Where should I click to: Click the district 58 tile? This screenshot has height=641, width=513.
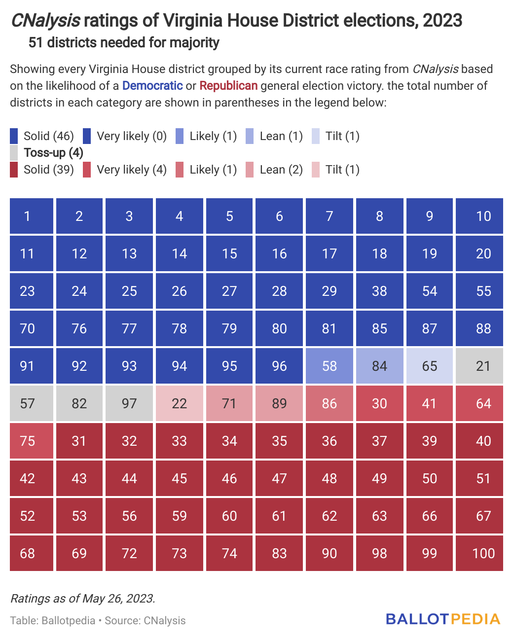[329, 366]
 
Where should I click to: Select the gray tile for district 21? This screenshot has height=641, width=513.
[479, 366]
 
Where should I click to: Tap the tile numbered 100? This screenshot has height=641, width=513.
[479, 553]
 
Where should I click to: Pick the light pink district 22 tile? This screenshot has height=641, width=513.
[179, 403]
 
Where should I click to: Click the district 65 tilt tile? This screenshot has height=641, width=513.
[429, 366]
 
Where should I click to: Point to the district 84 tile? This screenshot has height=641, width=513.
[379, 366]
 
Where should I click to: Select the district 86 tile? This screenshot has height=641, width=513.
[329, 403]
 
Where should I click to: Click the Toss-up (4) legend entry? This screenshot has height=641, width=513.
[53, 152]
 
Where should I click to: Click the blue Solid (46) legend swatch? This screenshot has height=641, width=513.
[14, 136]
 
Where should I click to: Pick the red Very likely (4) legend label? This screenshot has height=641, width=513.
[132, 170]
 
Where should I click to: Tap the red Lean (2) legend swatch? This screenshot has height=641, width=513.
[250, 170]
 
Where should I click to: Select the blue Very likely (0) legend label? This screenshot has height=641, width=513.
[132, 136]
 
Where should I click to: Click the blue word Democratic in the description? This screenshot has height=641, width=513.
[152, 86]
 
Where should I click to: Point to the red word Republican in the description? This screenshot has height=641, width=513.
[228, 86]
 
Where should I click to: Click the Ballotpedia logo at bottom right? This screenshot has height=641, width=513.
[443, 619]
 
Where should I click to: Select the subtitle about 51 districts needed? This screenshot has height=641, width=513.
[124, 43]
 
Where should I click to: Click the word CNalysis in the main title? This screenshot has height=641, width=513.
[45, 21]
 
